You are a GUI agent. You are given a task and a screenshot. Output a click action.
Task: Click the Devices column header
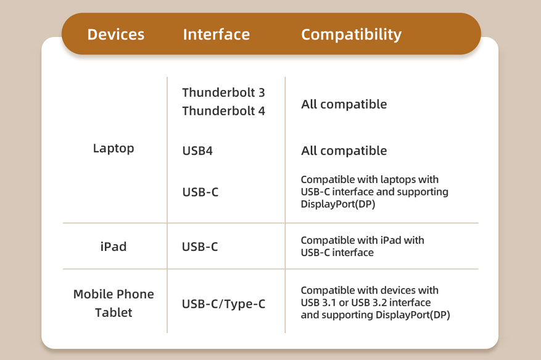[x=116, y=35]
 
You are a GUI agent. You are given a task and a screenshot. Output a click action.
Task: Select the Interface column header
[x=217, y=35]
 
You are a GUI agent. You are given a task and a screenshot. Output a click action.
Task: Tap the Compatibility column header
[x=351, y=35]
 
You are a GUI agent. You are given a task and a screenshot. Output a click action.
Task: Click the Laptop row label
[x=114, y=149]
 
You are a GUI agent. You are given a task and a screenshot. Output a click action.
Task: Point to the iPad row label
[x=114, y=247]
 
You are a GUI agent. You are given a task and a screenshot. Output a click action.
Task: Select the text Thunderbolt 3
[x=223, y=92]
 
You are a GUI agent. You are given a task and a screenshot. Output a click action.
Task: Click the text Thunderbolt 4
[x=223, y=111]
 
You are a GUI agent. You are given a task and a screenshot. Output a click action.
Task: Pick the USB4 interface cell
[x=197, y=150]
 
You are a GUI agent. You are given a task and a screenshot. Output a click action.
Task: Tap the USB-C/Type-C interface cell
[x=223, y=304]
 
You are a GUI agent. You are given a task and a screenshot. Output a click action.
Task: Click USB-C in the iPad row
[x=200, y=247]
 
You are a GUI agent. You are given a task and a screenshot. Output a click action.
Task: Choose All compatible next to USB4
[x=344, y=151]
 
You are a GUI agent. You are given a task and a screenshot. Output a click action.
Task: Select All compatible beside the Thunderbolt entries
[x=344, y=104]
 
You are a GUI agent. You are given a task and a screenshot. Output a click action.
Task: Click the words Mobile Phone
[x=114, y=294]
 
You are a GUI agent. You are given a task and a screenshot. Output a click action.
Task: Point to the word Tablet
[x=114, y=313]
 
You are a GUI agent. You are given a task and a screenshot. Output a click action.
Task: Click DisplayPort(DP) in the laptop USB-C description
[x=338, y=204]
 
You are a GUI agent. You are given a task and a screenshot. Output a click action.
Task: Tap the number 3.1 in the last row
[x=329, y=303]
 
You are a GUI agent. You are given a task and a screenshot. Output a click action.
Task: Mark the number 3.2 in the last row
[x=379, y=303]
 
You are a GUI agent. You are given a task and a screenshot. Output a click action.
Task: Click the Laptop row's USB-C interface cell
[x=200, y=192]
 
